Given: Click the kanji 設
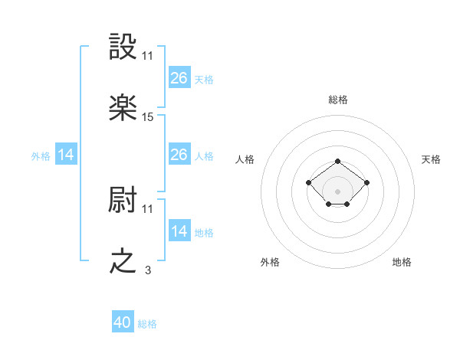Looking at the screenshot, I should coord(123,48).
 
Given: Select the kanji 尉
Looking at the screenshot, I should coord(123,201).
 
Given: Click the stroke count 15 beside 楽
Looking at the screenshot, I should coord(148,117).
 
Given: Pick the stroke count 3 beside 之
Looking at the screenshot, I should coord(148,270).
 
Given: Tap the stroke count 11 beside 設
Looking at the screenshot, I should coord(148,56).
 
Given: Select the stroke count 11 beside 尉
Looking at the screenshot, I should coord(148,208).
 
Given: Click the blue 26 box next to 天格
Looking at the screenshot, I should coord(179,78).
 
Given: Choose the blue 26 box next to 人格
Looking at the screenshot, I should coord(179,155).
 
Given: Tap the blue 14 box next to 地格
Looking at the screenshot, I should coord(179,231).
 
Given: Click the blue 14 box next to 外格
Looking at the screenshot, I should coord(66,155).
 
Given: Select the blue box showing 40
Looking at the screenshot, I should coord(123,322).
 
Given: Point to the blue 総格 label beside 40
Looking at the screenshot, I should coord(147,324).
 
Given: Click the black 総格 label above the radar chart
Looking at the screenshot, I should coord(338,100).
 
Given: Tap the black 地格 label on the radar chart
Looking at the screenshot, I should coord(402,262).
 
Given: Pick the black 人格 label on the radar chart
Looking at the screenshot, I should coord(245,159).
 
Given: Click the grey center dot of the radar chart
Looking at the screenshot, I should coord(338,191).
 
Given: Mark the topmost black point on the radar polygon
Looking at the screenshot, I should coord(338,162).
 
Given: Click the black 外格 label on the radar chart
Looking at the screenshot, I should coord(270,262).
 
